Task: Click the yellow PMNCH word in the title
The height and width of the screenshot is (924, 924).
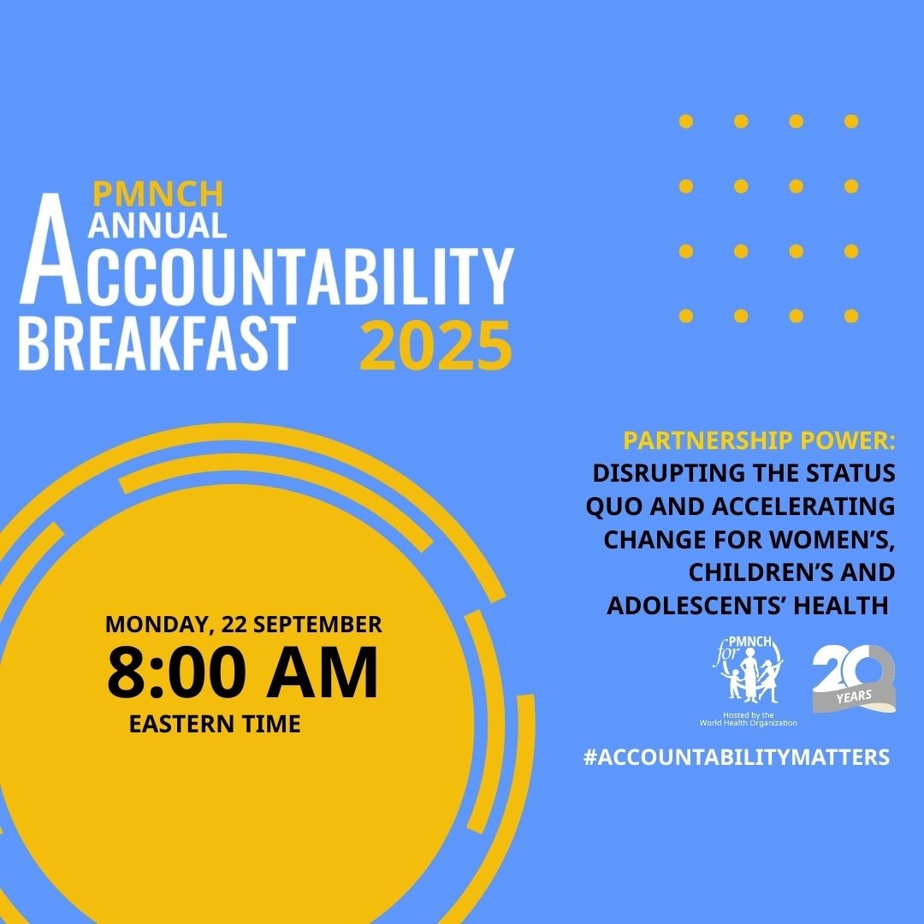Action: [x=157, y=194]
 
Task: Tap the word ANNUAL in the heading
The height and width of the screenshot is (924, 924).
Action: [x=157, y=224]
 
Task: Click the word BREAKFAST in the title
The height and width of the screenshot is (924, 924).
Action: [x=157, y=343]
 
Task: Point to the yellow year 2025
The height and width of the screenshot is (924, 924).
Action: [x=435, y=346]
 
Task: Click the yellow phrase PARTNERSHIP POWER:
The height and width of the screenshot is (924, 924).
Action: [x=759, y=442]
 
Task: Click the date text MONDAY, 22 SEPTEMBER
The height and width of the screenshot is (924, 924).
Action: [x=244, y=624]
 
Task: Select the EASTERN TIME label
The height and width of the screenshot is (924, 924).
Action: [x=215, y=724]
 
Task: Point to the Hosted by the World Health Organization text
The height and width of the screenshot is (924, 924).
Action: [x=747, y=719]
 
